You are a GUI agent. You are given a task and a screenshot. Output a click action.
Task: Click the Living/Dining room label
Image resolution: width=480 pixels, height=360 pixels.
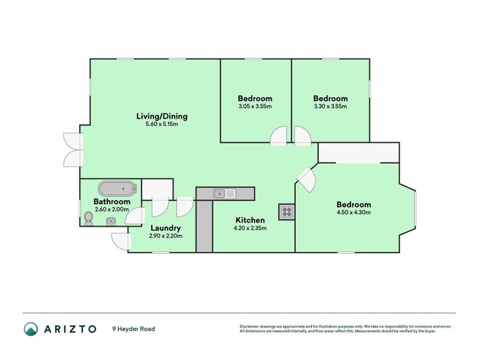(162, 116)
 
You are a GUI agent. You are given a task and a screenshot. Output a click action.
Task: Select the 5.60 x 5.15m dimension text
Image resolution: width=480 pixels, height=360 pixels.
(162, 125)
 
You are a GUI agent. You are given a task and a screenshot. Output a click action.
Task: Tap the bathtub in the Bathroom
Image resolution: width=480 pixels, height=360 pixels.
(118, 188)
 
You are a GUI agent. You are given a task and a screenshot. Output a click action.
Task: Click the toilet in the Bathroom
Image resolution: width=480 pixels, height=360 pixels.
(89, 219)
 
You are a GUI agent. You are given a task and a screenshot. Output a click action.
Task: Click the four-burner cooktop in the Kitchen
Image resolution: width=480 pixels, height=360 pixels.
(286, 212)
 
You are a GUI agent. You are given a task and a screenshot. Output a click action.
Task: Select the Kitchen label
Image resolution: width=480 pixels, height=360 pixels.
(250, 220)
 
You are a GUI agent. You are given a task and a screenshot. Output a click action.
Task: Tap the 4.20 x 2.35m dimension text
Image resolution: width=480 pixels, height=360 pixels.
(250, 228)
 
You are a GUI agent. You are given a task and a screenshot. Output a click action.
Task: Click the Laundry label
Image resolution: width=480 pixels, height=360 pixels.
(166, 228)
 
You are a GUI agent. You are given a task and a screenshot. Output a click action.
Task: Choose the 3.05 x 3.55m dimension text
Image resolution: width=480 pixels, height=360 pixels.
(255, 107)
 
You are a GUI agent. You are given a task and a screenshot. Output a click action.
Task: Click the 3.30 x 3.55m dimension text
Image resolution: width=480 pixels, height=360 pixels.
(330, 107)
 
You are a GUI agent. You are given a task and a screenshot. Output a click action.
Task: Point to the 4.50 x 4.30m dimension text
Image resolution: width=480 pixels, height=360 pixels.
(353, 212)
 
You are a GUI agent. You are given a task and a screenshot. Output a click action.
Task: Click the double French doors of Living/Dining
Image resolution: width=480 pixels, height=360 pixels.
(73, 149)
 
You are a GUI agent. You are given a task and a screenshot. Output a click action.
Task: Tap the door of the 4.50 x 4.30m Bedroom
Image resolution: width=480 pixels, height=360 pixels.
(306, 179)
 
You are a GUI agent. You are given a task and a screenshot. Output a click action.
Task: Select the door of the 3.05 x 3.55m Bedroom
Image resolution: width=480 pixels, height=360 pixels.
(278, 137)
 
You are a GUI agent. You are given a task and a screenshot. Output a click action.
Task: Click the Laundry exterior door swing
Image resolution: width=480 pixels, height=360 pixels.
(121, 241)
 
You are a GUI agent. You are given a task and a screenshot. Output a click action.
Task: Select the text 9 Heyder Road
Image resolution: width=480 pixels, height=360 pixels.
(133, 329)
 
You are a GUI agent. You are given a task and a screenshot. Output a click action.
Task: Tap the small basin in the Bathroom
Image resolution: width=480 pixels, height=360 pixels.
(110, 221)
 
